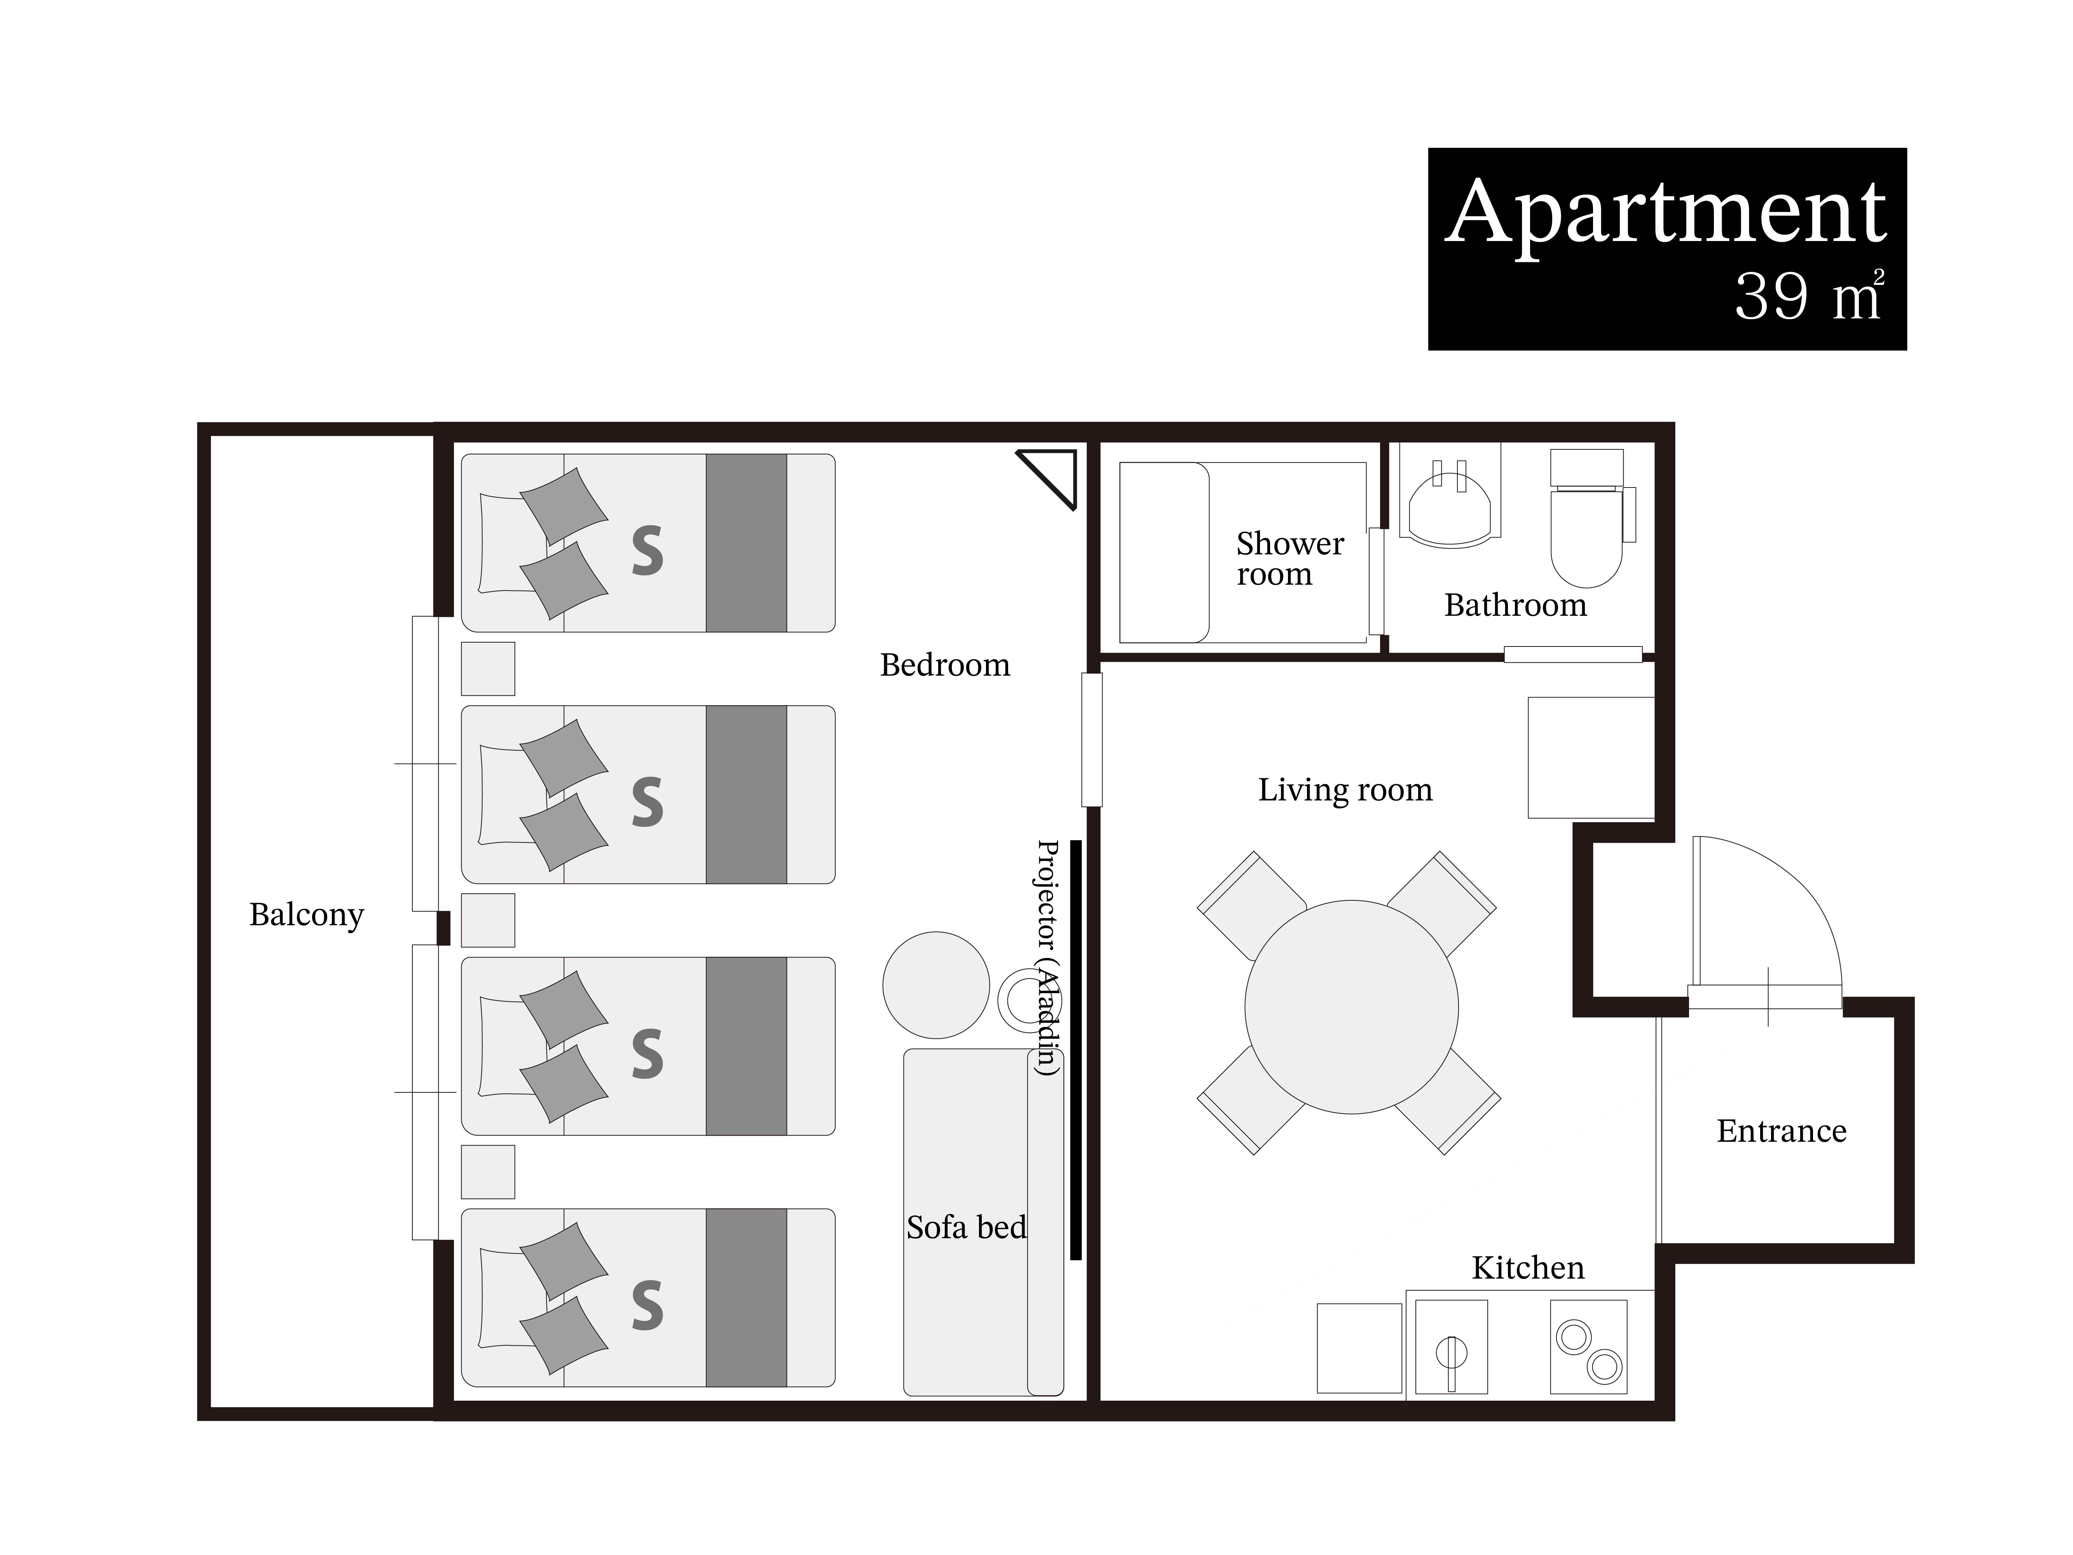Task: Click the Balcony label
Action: (307, 915)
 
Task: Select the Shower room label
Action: (1290, 559)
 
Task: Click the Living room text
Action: (1345, 790)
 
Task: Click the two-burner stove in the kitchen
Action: (1588, 1347)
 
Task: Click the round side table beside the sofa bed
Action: (936, 985)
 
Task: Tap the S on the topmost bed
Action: (647, 550)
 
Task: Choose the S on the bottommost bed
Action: (647, 1306)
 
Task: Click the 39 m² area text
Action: (1809, 296)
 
